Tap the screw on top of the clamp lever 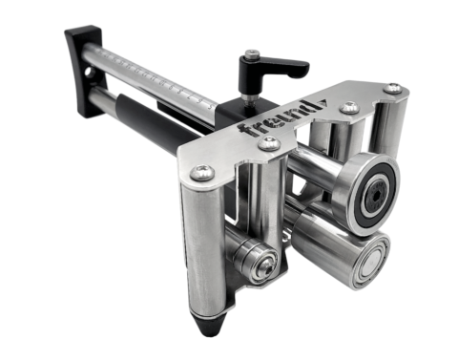(x=252, y=53)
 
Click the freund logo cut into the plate (x=278, y=119)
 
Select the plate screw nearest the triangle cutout (x=349, y=107)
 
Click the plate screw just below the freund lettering (x=269, y=143)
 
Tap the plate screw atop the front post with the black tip (x=202, y=173)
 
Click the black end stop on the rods (x=84, y=70)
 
